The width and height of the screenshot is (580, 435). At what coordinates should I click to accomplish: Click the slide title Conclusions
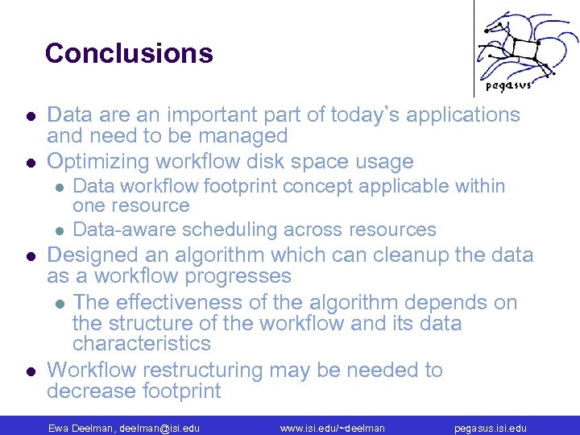(129, 53)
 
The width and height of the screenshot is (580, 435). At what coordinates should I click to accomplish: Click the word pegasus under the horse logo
(508, 86)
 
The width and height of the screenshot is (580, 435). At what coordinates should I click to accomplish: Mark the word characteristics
(142, 344)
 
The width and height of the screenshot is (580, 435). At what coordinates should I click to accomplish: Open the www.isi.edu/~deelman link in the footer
(332, 428)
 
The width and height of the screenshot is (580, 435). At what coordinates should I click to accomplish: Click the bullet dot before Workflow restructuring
(29, 371)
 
